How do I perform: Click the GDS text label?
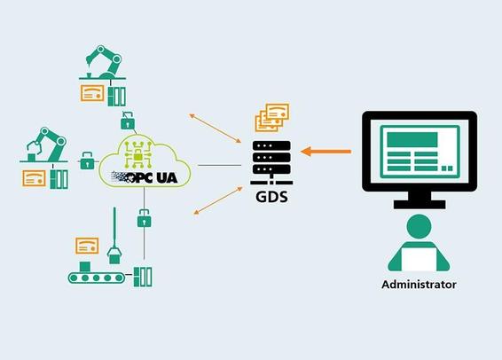tap(271, 196)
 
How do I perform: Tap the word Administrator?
tap(419, 284)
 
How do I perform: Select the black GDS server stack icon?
tap(271, 162)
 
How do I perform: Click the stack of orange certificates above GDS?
tap(272, 117)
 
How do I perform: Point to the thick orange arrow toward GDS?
tap(326, 152)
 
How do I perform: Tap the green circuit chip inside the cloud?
tap(137, 155)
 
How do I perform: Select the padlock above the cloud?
tap(128, 121)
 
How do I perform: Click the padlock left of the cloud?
tap(87, 160)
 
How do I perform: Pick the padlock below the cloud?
tap(144, 218)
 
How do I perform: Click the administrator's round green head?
tap(419, 226)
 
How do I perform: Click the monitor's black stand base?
tap(420, 205)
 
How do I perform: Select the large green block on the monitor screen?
tap(412, 139)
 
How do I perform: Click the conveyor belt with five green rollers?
tap(97, 278)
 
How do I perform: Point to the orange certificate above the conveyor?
tap(87, 246)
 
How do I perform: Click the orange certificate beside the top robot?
tap(92, 93)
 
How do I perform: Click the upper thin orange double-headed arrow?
tap(216, 129)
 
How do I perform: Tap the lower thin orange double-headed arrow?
tap(218, 200)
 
